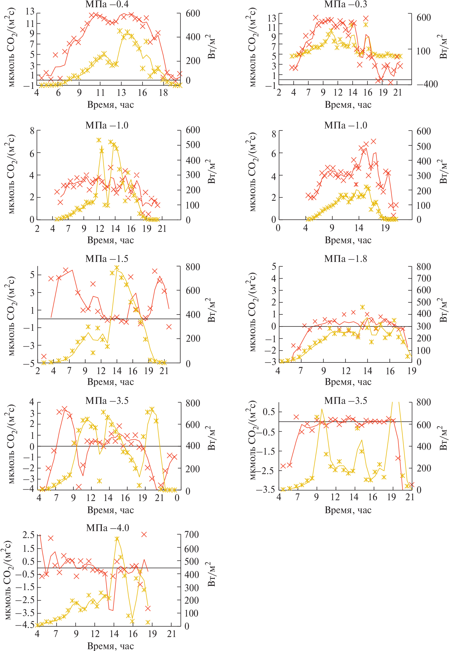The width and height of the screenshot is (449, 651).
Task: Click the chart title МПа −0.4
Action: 107,4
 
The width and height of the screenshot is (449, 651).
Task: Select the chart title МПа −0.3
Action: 345,4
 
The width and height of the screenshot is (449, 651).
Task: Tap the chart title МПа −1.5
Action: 107,259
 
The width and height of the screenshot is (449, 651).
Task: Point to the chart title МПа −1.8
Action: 345,259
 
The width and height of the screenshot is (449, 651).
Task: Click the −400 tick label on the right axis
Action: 427,84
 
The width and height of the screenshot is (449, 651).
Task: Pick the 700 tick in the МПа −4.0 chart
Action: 191,535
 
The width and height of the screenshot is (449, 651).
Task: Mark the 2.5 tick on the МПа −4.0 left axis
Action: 28,535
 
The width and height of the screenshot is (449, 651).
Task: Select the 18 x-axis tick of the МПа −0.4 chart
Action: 163,92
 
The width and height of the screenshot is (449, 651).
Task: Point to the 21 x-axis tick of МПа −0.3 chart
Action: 397,92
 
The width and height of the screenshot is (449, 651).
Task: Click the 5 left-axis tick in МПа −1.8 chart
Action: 273,266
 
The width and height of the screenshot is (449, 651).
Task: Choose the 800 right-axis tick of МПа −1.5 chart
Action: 193,267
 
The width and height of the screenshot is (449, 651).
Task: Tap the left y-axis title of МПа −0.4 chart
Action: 11,47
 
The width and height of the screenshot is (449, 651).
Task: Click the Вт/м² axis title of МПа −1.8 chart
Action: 443,310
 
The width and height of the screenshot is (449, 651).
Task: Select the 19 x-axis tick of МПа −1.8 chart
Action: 411,371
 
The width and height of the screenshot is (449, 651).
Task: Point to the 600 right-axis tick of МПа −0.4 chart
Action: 193,13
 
